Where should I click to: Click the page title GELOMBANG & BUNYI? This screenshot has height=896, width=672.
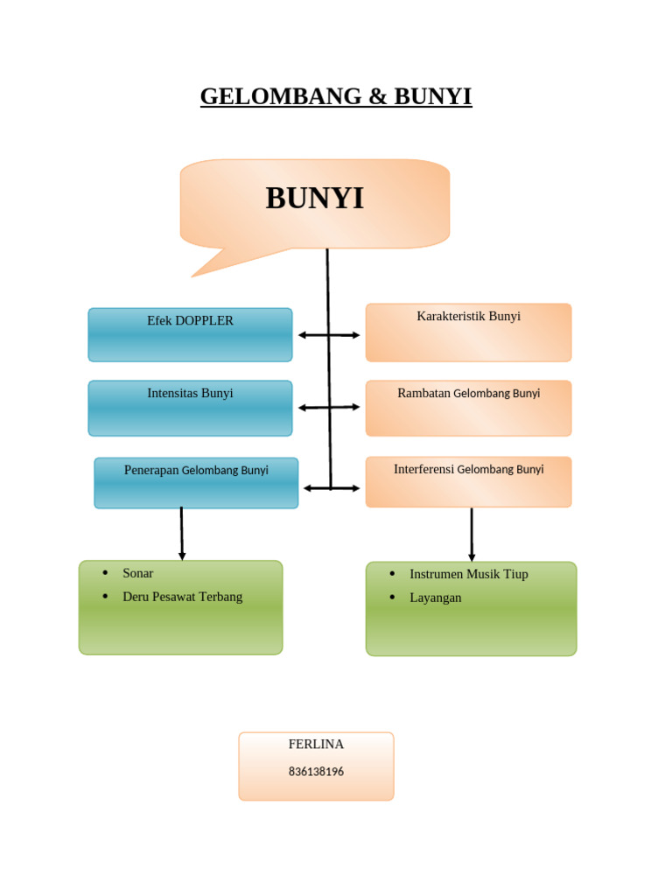(x=336, y=95)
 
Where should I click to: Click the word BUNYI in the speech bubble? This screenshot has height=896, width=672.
(x=314, y=199)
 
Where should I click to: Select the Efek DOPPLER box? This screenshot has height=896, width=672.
(x=190, y=334)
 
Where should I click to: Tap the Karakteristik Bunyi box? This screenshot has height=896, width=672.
(x=468, y=332)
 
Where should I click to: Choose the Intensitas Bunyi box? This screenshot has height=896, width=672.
(x=190, y=408)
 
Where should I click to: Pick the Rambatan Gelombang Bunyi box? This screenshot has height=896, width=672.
(x=468, y=408)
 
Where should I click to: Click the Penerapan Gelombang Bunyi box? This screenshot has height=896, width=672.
(x=196, y=482)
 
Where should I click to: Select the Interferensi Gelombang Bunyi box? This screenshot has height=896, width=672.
(x=468, y=481)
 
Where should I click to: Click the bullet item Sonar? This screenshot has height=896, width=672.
(x=137, y=573)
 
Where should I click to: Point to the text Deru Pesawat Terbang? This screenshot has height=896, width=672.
(x=182, y=597)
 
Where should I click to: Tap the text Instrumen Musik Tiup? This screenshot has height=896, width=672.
(x=468, y=574)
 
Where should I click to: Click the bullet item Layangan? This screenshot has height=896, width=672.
(x=435, y=598)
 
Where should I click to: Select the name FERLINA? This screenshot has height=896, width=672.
(x=316, y=744)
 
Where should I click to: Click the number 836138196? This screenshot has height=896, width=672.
(x=316, y=772)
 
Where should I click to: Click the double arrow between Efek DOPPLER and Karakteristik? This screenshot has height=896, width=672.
(x=329, y=335)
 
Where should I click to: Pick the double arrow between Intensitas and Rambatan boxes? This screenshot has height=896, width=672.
(x=329, y=408)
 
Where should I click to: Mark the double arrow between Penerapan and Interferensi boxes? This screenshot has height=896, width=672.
(x=332, y=488)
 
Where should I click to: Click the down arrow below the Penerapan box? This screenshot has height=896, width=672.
(x=182, y=533)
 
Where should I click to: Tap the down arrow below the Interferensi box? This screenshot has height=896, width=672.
(x=472, y=535)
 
